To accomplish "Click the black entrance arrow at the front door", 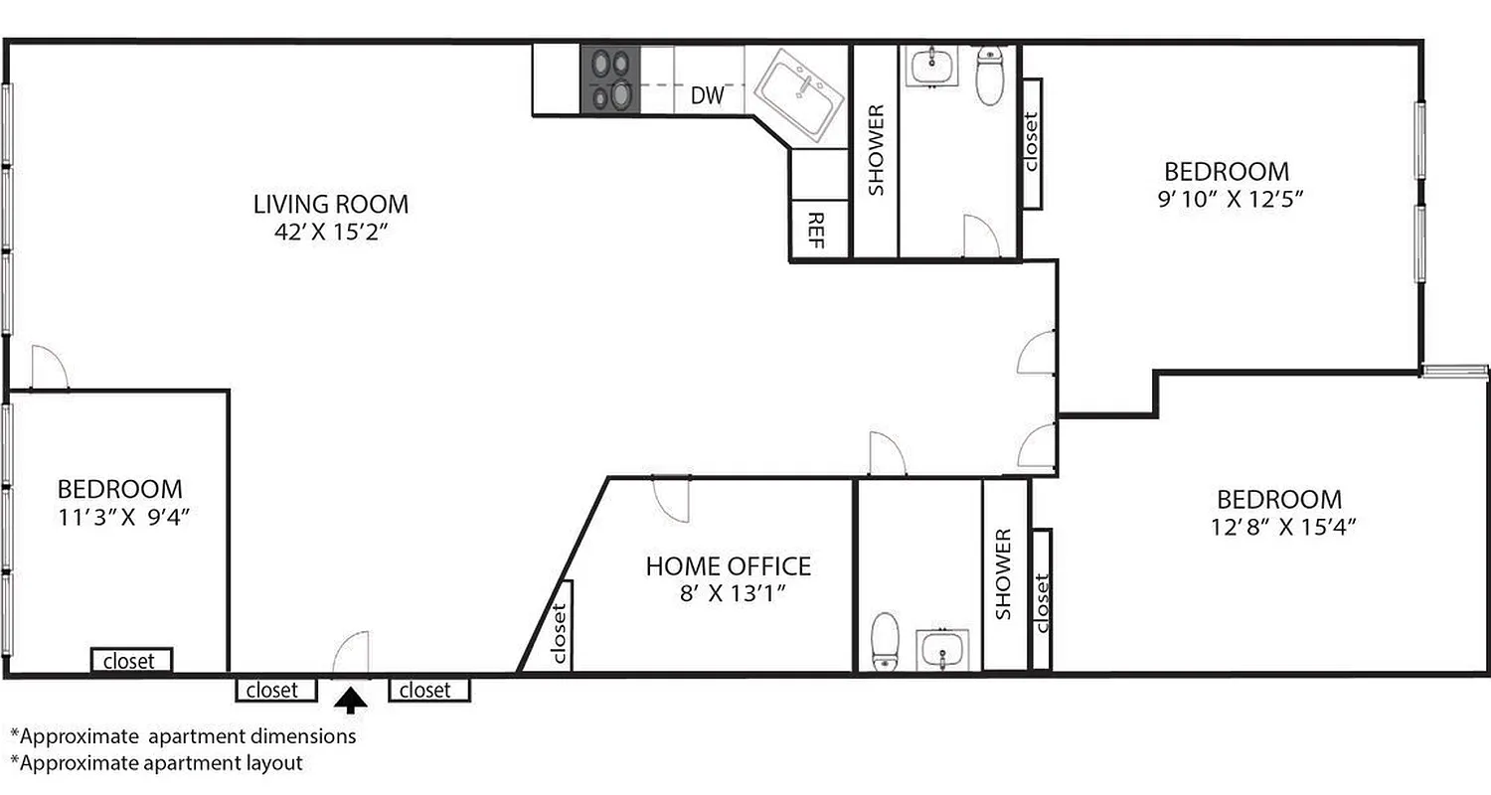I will click(350, 702).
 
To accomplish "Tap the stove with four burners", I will click(610, 80).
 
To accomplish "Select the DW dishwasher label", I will click(707, 96).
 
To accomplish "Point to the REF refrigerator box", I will click(817, 231).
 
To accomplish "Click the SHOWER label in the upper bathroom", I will click(876, 150).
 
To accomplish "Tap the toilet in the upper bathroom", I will click(989, 77).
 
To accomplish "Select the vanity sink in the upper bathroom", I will click(932, 68).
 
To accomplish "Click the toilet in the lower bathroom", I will click(885, 641).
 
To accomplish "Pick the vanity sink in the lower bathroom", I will click(941, 650).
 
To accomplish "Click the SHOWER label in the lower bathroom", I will click(1004, 574).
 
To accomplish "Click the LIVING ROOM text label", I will click(330, 205).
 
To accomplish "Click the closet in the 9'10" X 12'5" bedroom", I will click(1030, 143).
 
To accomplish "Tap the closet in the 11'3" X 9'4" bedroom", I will click(131, 661).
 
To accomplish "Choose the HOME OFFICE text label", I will click(728, 566).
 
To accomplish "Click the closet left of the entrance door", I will click(275, 690).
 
